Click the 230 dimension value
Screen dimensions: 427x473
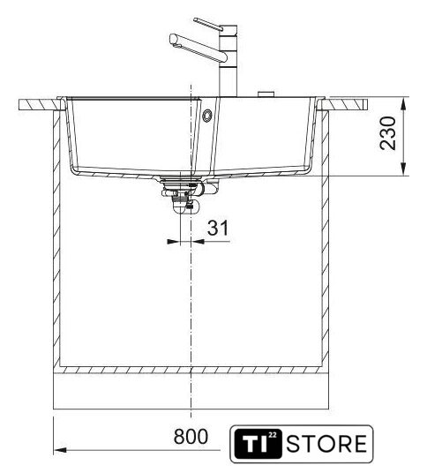pos(388,133)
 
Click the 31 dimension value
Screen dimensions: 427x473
pos(218,228)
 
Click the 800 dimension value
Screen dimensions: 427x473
pos(191,436)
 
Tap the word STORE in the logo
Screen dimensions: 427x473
pos(326,444)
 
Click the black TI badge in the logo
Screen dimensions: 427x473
pos(258,444)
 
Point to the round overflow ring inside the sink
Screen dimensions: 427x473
pos(207,116)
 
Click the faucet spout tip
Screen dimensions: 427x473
pos(173,39)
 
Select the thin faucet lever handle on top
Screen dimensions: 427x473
pos(208,24)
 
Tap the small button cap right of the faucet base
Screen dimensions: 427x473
pos(266,94)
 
